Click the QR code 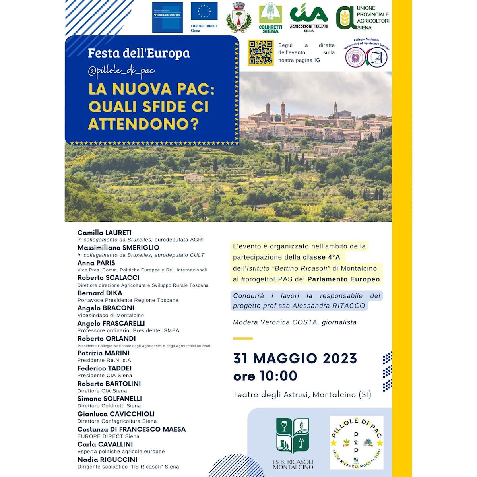[x=261, y=52]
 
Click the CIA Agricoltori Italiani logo [x=309, y=18]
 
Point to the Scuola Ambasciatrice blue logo [x=167, y=17]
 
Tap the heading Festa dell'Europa [x=139, y=53]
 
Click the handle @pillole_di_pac [x=121, y=71]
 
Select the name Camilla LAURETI [x=104, y=233]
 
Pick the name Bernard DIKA [x=100, y=293]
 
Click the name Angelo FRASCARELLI [x=111, y=323]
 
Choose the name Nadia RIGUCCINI [x=107, y=460]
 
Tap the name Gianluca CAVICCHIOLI [x=116, y=414]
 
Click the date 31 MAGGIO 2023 [x=295, y=359]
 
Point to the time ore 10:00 [x=265, y=376]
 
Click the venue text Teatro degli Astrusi [x=271, y=395]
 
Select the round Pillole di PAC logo [x=357, y=442]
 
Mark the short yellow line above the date [x=243, y=339]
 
